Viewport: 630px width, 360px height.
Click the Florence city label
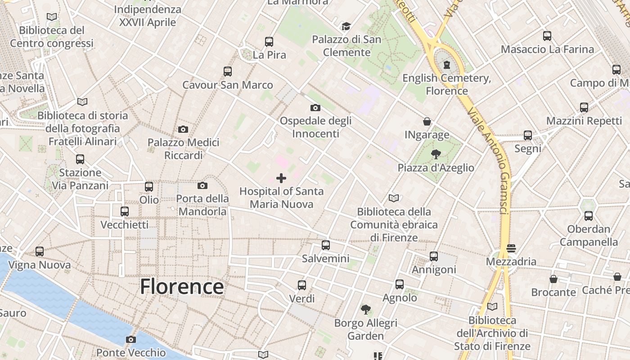click(182, 287)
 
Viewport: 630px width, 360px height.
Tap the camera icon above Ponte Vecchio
click(131, 339)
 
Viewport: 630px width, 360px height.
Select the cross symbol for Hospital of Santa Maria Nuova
click(281, 178)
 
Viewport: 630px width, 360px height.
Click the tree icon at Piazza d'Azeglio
click(436, 155)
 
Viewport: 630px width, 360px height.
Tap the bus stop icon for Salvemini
click(326, 245)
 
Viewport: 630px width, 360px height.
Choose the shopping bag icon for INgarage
click(427, 121)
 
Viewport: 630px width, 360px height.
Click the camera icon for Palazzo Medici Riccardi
click(183, 130)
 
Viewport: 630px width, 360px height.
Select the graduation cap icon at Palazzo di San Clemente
click(346, 27)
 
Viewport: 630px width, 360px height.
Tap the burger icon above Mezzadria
click(511, 248)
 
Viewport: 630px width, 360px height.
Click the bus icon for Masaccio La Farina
click(547, 36)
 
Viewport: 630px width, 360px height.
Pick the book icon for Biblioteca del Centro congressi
click(52, 17)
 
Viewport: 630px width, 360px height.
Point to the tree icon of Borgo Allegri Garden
click(366, 310)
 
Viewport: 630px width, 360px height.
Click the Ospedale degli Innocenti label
click(315, 127)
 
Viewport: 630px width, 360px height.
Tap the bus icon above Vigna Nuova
click(40, 252)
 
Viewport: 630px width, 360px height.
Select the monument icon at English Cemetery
click(446, 65)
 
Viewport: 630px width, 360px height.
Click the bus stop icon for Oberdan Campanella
click(589, 216)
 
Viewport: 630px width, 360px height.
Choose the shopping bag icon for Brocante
click(553, 279)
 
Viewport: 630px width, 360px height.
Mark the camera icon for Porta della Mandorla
click(202, 185)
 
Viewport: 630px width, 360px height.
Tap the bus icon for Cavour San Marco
click(228, 71)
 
